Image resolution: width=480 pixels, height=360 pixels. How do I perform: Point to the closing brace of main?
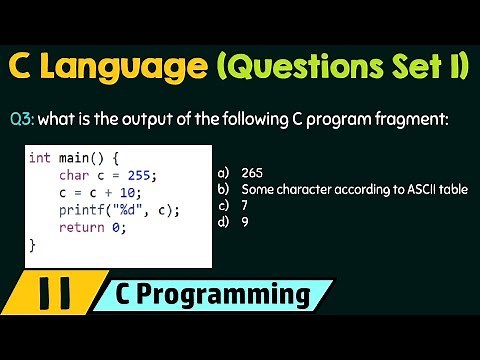coord(33,244)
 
